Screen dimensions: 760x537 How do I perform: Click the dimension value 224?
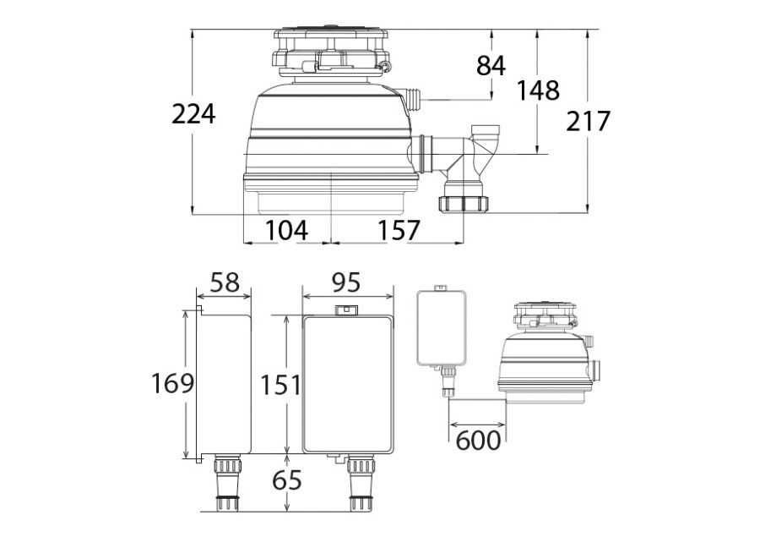tap(193, 114)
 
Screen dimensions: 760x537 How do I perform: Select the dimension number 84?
tap(491, 66)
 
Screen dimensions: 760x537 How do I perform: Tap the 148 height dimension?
tap(538, 90)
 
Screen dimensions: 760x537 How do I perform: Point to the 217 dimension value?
tap(588, 121)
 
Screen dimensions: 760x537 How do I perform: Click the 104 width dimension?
tap(286, 230)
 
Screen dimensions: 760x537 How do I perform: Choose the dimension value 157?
tap(399, 230)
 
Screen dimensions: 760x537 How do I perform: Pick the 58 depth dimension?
tap(225, 282)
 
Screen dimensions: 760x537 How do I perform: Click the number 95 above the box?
tap(346, 282)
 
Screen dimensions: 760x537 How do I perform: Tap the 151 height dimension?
tap(280, 386)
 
